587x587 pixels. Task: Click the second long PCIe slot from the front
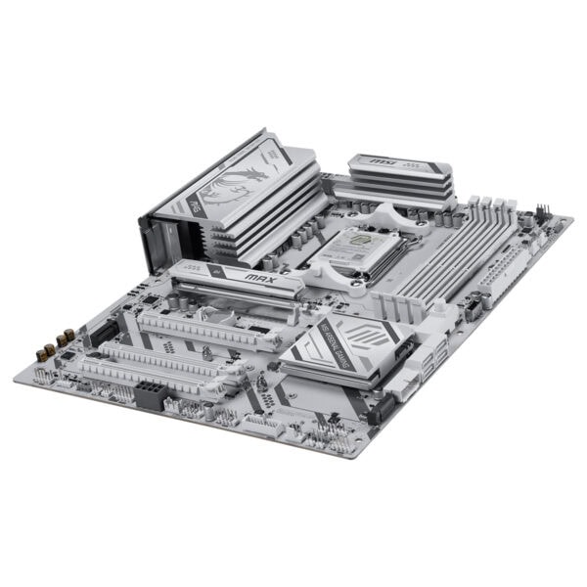pyautogui.click(x=171, y=352)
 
